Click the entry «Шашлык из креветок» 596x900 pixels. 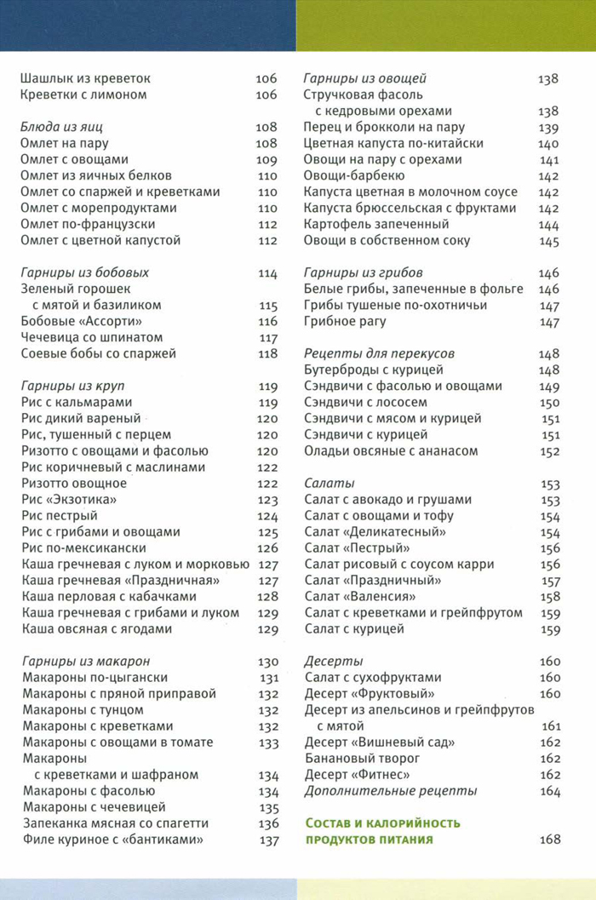pyautogui.click(x=85, y=78)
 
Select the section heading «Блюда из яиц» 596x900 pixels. pyautogui.click(x=59, y=127)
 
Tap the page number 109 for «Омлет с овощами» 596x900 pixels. pyautogui.click(x=266, y=159)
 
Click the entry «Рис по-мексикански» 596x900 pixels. pyautogui.click(x=83, y=547)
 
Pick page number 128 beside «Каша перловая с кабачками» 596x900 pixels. pyautogui.click(x=267, y=596)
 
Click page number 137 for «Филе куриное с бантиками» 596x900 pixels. pyautogui.click(x=269, y=840)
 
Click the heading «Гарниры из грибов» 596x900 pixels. pyautogui.click(x=364, y=272)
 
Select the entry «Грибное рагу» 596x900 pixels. pyautogui.click(x=345, y=321)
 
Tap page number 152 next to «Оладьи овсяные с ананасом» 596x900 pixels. pyautogui.click(x=550, y=451)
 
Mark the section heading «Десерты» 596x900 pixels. pyautogui.click(x=334, y=662)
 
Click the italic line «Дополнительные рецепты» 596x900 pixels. pyautogui.click(x=391, y=791)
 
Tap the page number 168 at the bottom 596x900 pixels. pyautogui.click(x=550, y=840)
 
